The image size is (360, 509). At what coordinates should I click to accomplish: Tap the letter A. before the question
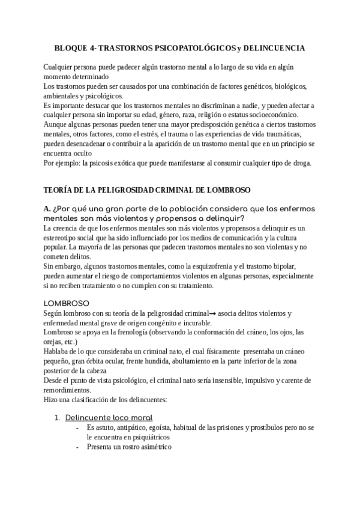[x=47, y=208]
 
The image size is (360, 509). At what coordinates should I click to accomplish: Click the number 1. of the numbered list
[x=58, y=418]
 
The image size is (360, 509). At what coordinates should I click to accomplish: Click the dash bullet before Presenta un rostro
[x=77, y=447]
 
